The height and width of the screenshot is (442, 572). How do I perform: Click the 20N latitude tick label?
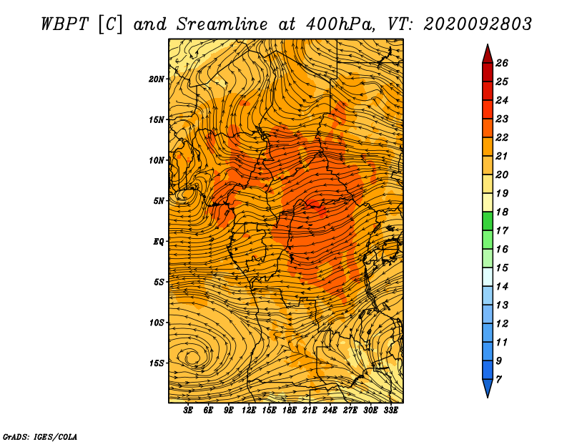157,79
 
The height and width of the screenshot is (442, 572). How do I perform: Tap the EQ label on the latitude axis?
159,242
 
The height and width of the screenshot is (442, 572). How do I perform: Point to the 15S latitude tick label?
157,363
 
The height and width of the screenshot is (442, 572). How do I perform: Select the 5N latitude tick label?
159,201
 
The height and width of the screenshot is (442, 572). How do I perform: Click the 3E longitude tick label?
188,411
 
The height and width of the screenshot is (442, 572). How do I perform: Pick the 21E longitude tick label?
310,411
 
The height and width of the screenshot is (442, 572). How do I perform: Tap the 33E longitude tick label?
390,411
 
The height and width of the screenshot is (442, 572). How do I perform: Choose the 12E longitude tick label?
248,411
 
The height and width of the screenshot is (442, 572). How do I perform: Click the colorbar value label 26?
502,63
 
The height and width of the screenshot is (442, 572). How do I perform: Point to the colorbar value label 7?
498,380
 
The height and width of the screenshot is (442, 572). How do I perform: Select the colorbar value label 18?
502,212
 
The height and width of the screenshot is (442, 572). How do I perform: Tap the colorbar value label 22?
502,137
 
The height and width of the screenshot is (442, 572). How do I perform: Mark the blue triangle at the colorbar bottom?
488,387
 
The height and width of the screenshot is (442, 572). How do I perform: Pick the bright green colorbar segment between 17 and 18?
488,221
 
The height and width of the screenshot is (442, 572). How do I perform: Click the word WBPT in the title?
64,24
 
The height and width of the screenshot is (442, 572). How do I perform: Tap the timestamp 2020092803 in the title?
478,24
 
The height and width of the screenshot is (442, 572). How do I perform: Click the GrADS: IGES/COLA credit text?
40,436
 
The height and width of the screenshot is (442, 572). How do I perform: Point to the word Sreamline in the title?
222,24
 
